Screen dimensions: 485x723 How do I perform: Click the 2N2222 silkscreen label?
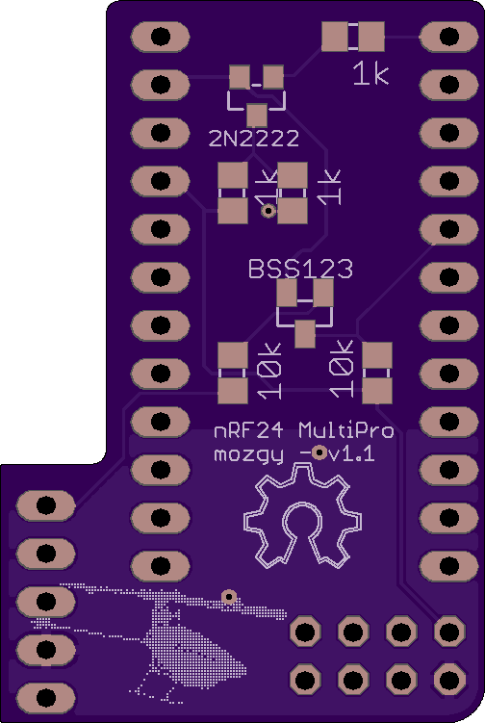coord(253,138)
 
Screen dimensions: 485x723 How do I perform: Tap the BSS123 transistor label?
coord(300,269)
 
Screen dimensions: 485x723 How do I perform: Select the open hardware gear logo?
coord(302,516)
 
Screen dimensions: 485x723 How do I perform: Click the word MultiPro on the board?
coord(345,430)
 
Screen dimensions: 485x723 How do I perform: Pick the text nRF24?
coord(248,431)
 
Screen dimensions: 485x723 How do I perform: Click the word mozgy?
coord(248,455)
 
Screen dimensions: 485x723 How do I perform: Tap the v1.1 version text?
coord(352,454)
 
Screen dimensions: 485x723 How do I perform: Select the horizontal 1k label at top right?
coord(370,74)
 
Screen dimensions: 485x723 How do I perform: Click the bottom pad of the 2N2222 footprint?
coord(257,116)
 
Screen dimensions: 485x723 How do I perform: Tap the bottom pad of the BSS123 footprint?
coord(305,333)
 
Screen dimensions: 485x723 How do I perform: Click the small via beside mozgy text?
coord(319,453)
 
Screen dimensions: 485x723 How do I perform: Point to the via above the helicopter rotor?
coord(229,597)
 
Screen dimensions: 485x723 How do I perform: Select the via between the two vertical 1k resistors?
coord(268,211)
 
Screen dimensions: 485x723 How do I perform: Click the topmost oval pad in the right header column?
coord(449,37)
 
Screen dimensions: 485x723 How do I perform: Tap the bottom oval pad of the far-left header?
coord(45,698)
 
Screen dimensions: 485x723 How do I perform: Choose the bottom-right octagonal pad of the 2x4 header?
coord(449,679)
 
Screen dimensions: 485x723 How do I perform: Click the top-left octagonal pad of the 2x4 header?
coord(305,632)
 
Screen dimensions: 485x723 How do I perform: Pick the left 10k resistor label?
coord(269,371)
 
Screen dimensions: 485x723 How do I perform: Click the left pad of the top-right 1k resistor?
coord(335,37)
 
